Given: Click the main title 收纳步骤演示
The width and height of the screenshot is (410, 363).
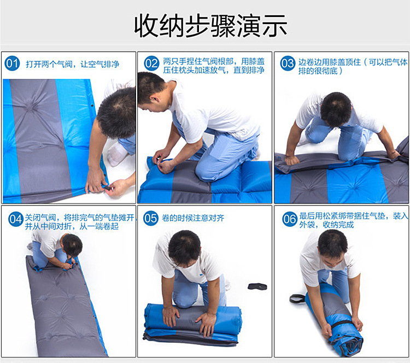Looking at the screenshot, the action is tap(210, 26).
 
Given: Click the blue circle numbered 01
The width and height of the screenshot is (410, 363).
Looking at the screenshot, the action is tap(12, 63).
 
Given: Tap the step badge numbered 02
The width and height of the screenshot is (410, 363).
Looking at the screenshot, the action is tap(151, 63).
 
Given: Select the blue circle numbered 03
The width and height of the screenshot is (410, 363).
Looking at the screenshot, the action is tap(288, 63).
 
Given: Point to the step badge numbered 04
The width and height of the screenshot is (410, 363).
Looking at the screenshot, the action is tap(16, 219).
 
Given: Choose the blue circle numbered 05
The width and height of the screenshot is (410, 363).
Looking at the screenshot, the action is tap(151, 218).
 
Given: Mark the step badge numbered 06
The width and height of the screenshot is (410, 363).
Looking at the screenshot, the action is tap(289, 219).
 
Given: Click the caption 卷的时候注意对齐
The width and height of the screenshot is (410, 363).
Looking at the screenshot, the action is tap(193, 218).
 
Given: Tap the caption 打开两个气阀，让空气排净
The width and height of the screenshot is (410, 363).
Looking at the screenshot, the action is tap(72, 64).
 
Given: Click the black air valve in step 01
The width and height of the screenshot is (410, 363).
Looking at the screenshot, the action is tap(107, 188).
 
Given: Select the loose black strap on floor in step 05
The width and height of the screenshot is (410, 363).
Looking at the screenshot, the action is tap(257, 286).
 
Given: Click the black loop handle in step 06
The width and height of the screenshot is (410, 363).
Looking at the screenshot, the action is tap(297, 298).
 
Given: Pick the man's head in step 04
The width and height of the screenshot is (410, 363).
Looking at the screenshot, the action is tap(72, 245).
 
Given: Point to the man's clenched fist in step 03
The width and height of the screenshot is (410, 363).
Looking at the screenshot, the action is tap(291, 160).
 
